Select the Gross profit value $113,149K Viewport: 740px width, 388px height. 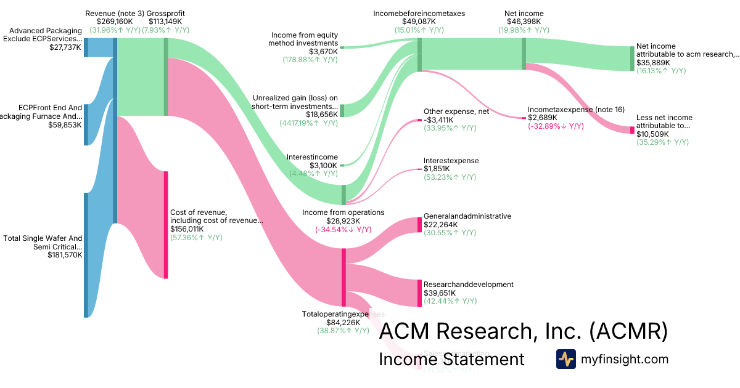point(166,22)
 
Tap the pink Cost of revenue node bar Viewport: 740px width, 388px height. point(166,225)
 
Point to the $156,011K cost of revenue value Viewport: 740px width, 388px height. point(187,228)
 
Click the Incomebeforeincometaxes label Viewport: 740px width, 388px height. point(419,13)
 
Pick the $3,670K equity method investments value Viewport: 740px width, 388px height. point(323,52)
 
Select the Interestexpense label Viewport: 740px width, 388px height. point(451,161)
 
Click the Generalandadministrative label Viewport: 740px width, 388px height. point(467,216)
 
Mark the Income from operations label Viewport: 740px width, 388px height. point(343,212)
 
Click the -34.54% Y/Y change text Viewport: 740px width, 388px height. point(343,230)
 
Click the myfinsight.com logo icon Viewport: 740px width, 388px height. point(565,359)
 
